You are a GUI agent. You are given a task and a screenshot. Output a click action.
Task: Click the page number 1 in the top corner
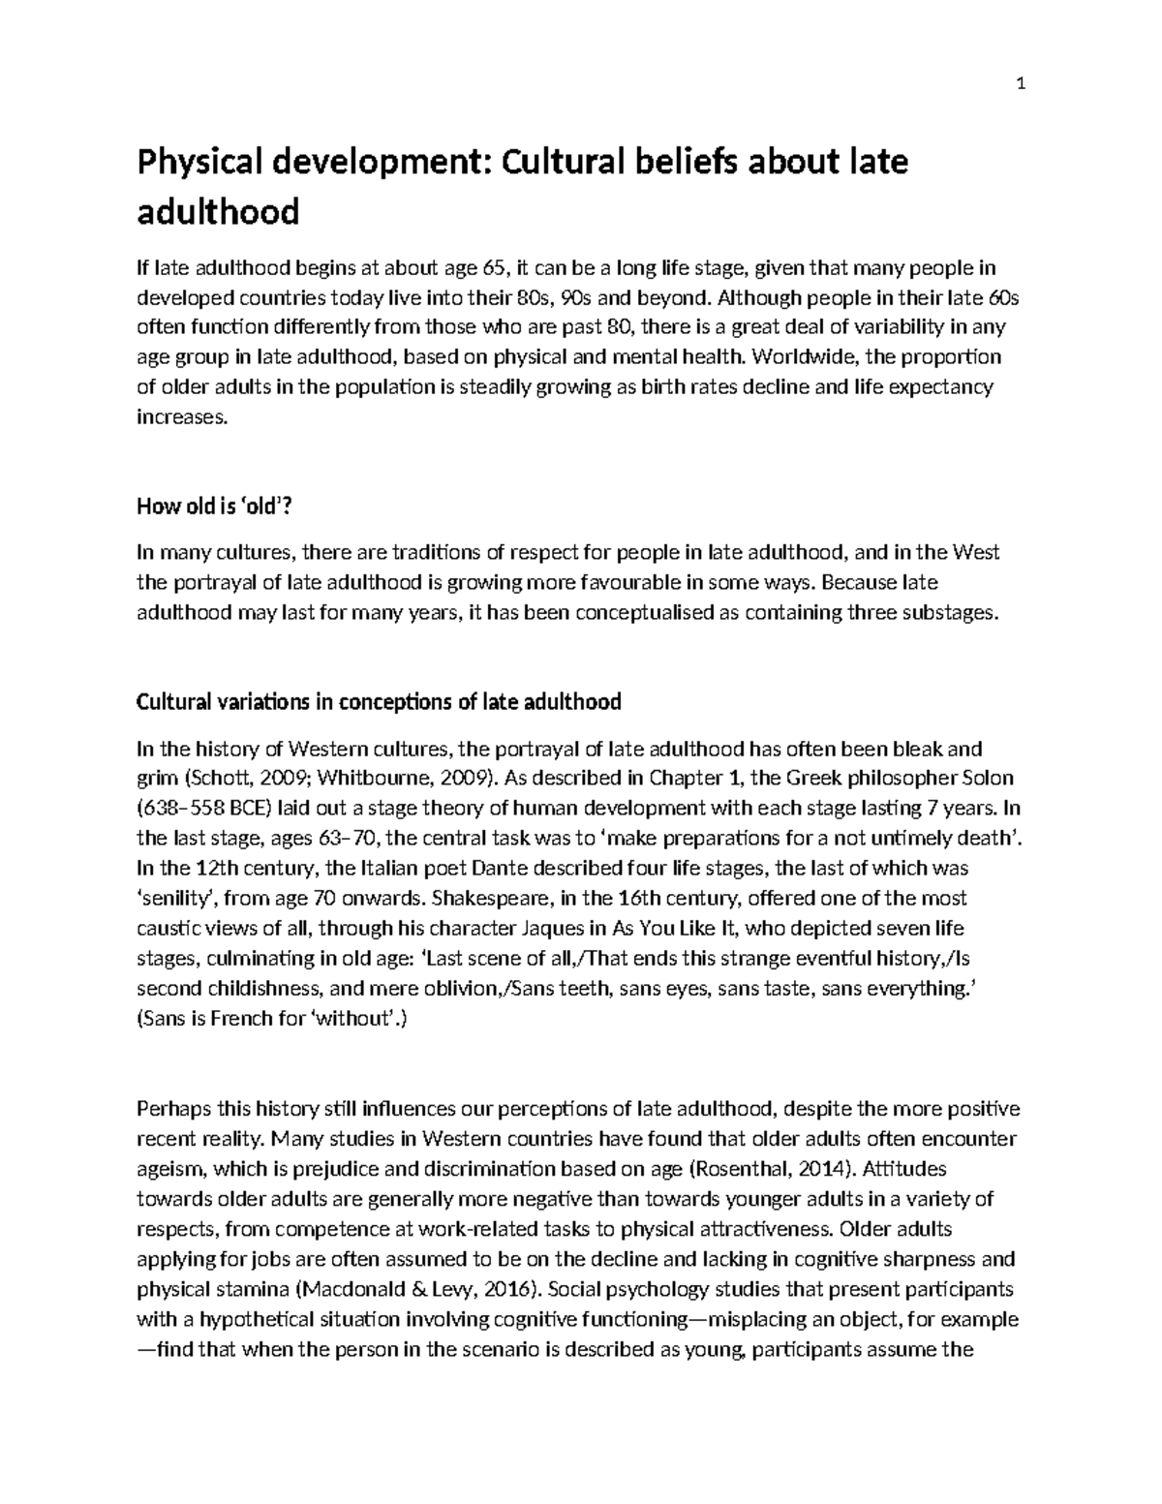tap(1020, 84)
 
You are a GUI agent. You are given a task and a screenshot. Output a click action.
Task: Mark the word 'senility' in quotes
tap(175, 898)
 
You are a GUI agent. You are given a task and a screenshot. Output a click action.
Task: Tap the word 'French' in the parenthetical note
tap(238, 1018)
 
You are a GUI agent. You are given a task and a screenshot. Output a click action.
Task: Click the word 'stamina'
tap(251, 1289)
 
